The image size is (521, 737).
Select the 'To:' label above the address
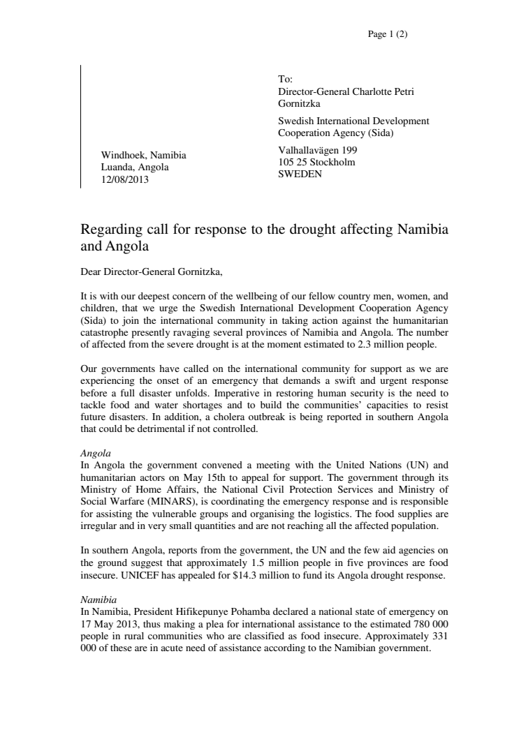coord(285,80)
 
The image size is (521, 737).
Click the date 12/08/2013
coord(125,179)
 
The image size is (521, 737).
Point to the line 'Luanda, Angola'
coord(135,167)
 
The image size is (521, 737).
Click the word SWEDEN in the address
coord(300,174)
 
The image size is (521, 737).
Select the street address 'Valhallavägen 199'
coord(318,150)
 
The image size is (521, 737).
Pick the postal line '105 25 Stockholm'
coord(316,162)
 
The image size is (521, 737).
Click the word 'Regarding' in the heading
coord(110,230)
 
